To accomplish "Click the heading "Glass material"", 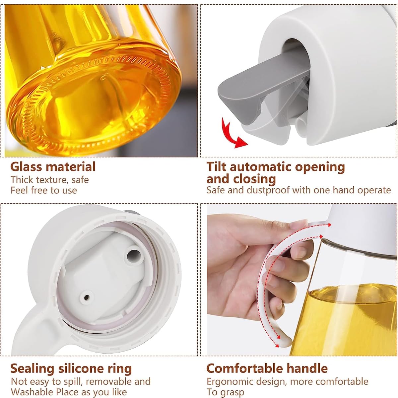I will click(x=53, y=166).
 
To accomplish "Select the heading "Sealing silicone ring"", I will click(x=71, y=368).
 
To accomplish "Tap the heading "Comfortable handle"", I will click(x=267, y=368).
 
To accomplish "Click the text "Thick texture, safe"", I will click(x=50, y=180).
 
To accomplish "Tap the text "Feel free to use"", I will click(x=44, y=190).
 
